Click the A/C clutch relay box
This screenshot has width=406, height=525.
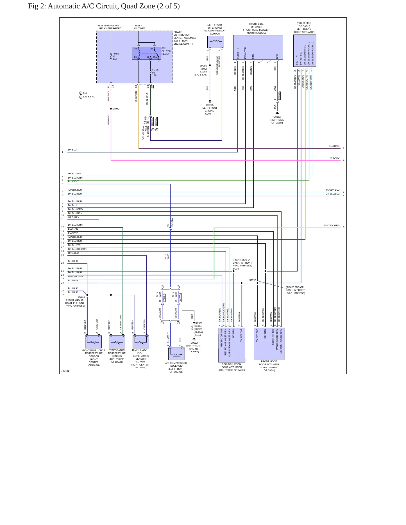pyautogui.click(x=146, y=53)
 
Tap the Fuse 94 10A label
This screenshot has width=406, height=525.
pyautogui.click(x=155, y=72)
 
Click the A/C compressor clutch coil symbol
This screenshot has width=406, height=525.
pyautogui.click(x=216, y=42)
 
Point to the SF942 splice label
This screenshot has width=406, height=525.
pyautogui.click(x=116, y=109)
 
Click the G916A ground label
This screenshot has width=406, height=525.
pyautogui.click(x=277, y=117)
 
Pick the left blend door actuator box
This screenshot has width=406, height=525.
pyautogui.click(x=305, y=51)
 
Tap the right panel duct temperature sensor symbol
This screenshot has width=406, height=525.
pyautogui.click(x=93, y=342)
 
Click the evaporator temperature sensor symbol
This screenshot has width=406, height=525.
pyautogui.click(x=117, y=342)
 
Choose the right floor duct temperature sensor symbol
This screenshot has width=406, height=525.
pyautogui.click(x=141, y=342)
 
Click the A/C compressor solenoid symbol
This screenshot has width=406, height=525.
pyautogui.click(x=176, y=354)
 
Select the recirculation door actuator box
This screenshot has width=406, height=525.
pyautogui.click(x=232, y=345)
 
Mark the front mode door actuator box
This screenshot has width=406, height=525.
pyautogui.click(x=269, y=344)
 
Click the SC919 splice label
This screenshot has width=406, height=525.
pyautogui.click(x=81, y=297)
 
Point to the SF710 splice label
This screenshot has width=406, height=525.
pyautogui.click(x=253, y=280)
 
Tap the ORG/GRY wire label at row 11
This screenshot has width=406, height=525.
pyautogui.click(x=74, y=217)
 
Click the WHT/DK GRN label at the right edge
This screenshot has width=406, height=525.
pyautogui.click(x=332, y=225)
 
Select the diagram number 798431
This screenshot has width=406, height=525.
pyautogui.click(x=65, y=371)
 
